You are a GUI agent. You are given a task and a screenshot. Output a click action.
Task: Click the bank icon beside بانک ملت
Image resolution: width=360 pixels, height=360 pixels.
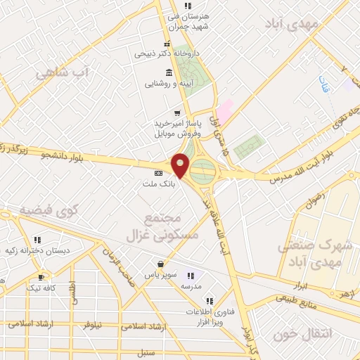tap(157, 172)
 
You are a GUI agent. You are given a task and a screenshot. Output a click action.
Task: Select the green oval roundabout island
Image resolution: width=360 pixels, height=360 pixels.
tap(203, 169)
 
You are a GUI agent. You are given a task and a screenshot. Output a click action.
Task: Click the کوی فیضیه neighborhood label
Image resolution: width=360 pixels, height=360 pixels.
tap(48, 210)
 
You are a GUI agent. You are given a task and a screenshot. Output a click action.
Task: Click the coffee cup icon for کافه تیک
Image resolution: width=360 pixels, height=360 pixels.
tap(41, 276)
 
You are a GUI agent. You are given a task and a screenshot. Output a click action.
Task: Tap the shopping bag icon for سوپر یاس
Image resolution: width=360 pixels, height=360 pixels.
tap(162, 265)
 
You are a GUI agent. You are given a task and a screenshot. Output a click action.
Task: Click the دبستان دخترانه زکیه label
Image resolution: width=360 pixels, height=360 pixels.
tap(32, 250)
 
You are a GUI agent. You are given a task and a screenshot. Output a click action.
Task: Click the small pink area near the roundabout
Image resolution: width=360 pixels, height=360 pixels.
tap(224, 110)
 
